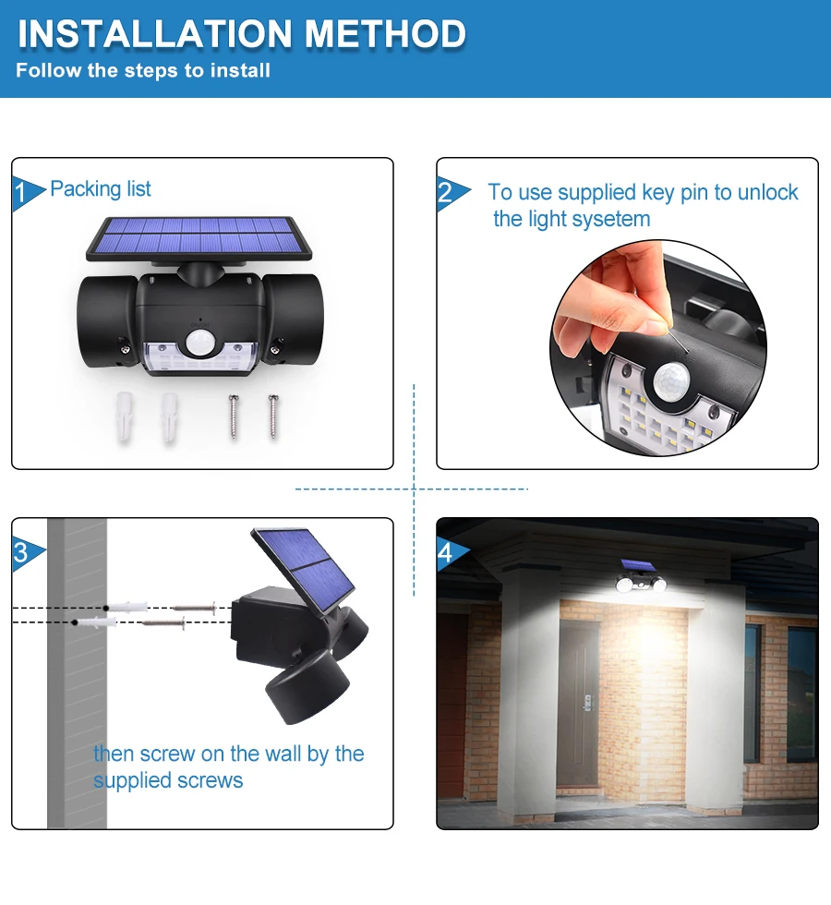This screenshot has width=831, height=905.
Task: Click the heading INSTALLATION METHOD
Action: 242,34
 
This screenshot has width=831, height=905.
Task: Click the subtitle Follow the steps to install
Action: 143,71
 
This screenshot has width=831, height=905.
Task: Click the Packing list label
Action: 101,189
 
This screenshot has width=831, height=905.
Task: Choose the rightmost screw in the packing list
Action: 272,415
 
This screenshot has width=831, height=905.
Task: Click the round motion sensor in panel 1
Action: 199,343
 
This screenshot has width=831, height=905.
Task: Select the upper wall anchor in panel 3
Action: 126,607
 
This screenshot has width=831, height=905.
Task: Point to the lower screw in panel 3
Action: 163,624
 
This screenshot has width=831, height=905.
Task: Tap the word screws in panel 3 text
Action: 211,780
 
